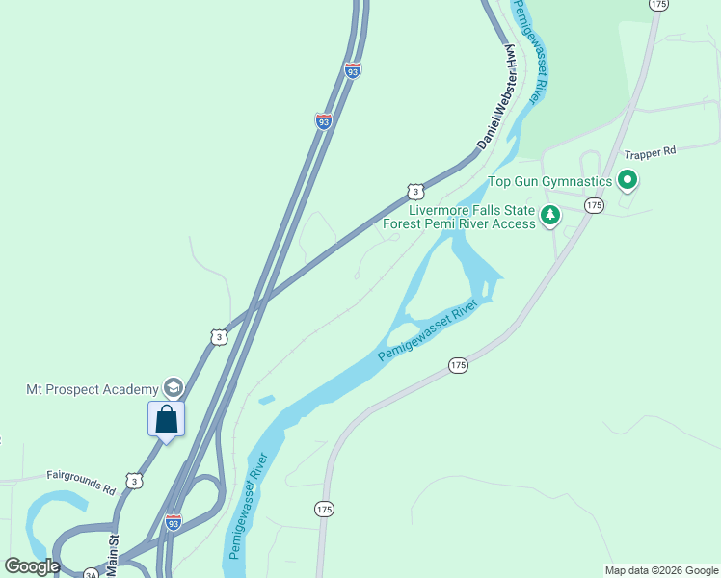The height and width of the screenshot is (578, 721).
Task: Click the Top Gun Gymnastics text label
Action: click(550, 181)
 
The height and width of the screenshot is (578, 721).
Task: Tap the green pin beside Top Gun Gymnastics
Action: click(628, 179)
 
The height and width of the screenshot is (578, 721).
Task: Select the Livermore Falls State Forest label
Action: click(459, 217)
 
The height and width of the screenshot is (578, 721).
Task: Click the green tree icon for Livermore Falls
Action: click(550, 215)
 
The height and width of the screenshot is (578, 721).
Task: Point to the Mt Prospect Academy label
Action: click(92, 389)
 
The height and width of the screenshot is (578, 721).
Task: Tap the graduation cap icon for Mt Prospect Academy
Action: click(173, 388)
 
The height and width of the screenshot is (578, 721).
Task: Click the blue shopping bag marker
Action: click(166, 419)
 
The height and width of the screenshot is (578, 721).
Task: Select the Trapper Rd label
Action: click(651, 152)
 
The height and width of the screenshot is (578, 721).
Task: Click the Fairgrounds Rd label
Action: click(81, 482)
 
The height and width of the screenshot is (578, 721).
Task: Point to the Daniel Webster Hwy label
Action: click(496, 100)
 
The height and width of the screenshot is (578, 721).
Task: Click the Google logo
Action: click(32, 566)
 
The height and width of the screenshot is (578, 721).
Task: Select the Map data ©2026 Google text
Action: click(660, 570)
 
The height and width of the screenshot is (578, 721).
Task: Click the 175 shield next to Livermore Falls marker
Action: click(594, 205)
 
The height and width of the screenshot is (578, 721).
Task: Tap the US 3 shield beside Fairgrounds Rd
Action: click(134, 480)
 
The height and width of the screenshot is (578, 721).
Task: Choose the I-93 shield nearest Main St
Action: click(174, 522)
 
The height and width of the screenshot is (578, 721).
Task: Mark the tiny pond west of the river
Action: click(267, 399)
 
